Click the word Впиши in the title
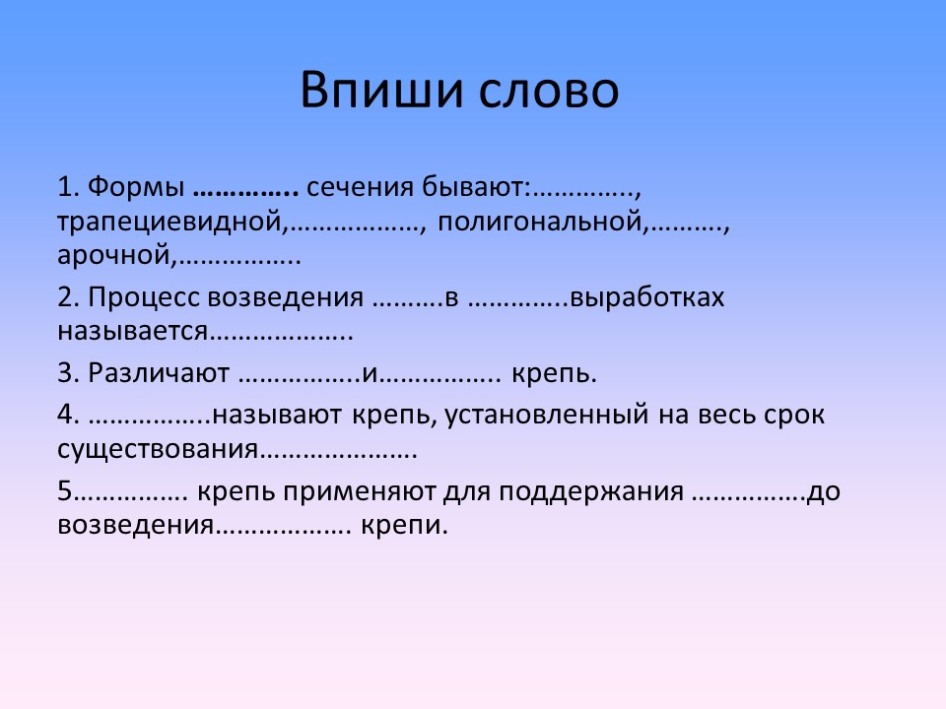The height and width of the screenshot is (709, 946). (382, 91)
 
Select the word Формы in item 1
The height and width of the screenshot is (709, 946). (136, 187)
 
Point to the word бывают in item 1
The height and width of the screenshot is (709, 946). (474, 186)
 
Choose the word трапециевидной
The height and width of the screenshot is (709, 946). (169, 222)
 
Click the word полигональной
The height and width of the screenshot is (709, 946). (539, 222)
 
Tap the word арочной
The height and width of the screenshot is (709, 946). (114, 256)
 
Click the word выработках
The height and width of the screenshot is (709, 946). (646, 297)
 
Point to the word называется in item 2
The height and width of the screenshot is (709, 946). (133, 332)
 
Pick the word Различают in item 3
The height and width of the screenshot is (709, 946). (159, 372)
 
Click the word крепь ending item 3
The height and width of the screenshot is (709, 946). (553, 374)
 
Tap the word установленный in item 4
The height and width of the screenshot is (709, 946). (547, 416)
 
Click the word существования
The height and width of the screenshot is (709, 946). (158, 450)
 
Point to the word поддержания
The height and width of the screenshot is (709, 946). (591, 492)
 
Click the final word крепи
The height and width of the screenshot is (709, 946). (404, 526)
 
